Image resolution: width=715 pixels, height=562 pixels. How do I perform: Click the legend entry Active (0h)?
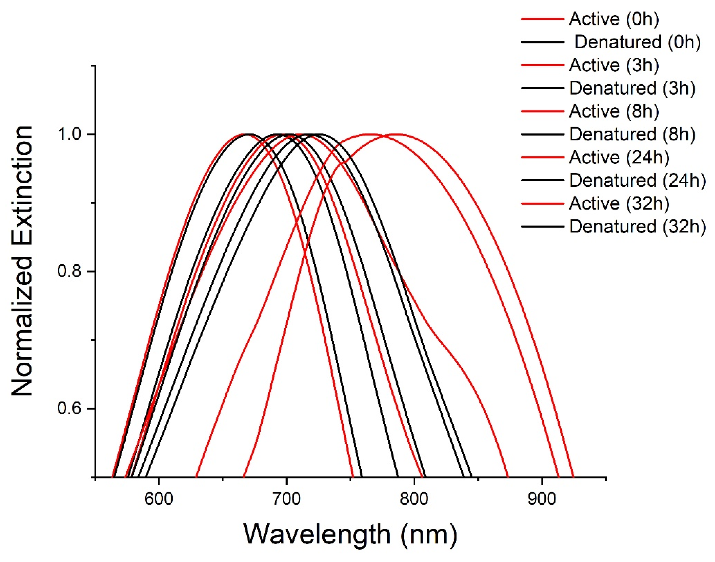614,19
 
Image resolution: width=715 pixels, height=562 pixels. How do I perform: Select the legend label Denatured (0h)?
637,42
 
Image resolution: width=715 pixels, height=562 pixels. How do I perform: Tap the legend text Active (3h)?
614,65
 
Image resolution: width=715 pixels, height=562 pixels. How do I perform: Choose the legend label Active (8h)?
614,111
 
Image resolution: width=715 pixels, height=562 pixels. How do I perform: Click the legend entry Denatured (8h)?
632,134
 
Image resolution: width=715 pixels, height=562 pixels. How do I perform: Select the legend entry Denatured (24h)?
637,180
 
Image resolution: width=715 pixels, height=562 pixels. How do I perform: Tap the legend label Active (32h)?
619,203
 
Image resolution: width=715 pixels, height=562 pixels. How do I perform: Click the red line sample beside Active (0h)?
542,19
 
